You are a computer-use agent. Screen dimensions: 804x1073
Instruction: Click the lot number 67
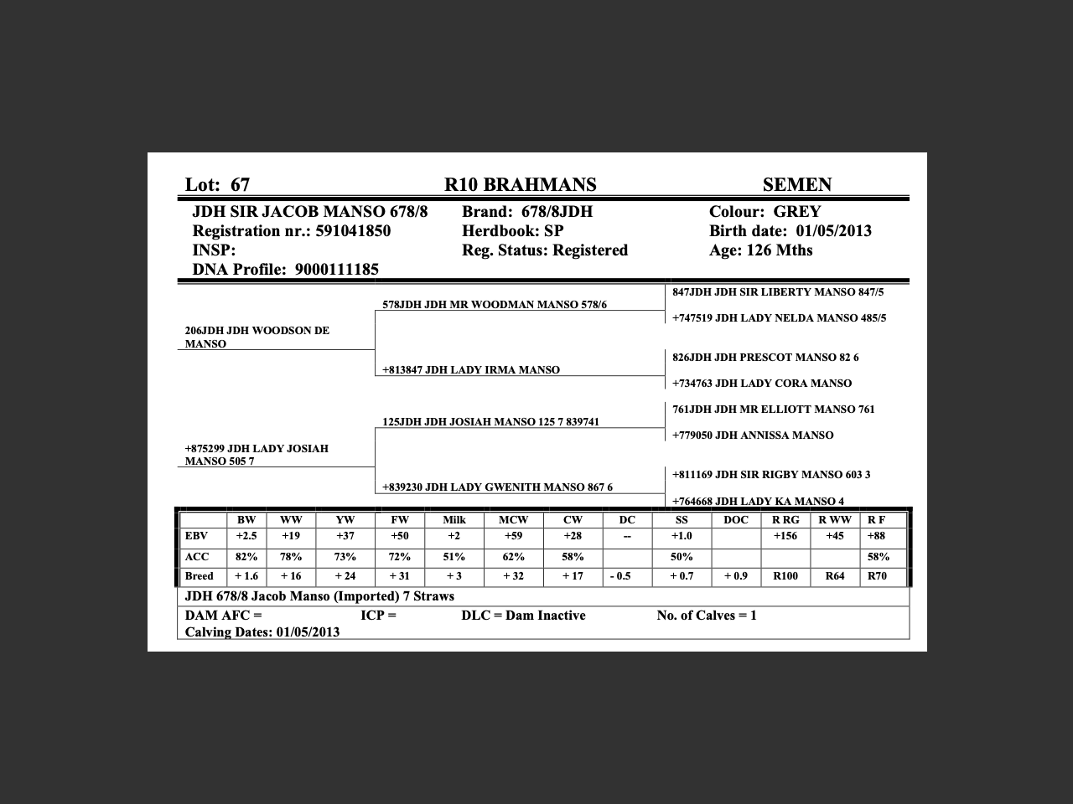coord(240,185)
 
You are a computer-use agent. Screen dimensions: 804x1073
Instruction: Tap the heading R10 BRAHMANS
coord(520,185)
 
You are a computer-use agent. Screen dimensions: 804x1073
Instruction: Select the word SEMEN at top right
coord(796,185)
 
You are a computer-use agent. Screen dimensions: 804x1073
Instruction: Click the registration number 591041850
coord(353,231)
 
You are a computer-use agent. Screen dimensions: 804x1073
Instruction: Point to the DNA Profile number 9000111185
coord(337,270)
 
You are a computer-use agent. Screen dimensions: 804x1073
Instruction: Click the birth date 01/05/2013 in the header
coord(833,231)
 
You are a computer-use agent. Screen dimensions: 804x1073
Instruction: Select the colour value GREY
coord(796,212)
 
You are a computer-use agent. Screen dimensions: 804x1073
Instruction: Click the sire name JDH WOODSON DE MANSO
coord(257,337)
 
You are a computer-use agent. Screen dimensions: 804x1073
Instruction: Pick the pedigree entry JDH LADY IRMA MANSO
coord(492,370)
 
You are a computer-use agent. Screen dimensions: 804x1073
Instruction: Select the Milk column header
coord(454,520)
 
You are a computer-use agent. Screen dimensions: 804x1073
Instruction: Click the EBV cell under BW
coord(246,536)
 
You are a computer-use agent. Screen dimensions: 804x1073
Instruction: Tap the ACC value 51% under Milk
coord(454,557)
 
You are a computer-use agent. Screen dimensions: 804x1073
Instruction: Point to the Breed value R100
coord(785,576)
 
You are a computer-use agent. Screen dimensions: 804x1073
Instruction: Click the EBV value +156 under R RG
coord(785,536)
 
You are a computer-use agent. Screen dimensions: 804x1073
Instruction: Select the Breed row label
coord(200,576)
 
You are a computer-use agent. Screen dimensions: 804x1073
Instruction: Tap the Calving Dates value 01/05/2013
coord(308,632)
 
